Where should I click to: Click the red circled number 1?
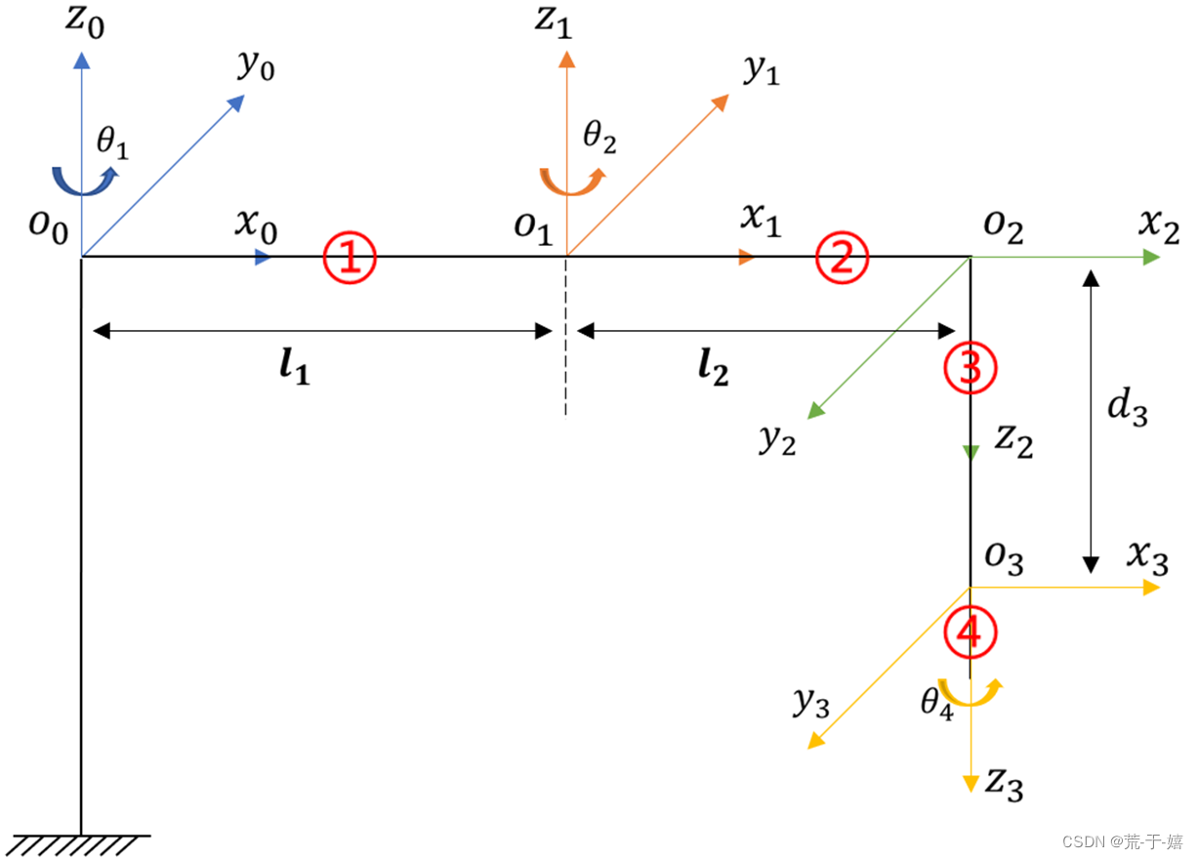[x=350, y=259]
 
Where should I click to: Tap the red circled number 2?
[x=842, y=259]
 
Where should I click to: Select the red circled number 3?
[x=970, y=368]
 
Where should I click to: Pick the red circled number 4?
[x=970, y=633]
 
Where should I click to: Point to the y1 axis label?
[x=761, y=71]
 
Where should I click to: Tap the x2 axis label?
[x=1159, y=229]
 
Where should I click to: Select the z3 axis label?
[x=1004, y=783]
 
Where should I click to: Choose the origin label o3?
[x=1003, y=559]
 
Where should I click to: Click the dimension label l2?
[x=714, y=369]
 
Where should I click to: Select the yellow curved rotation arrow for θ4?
[x=969, y=692]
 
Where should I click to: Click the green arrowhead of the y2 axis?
[x=816, y=411]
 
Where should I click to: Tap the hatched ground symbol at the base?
[x=81, y=843]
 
